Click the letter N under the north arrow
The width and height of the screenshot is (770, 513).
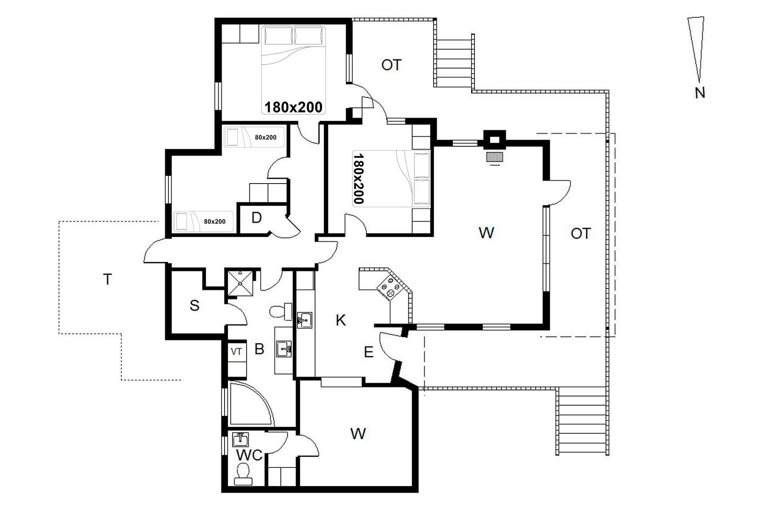click(x=700, y=93)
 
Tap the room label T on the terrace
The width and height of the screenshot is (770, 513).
click(x=107, y=279)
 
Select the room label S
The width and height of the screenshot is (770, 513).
click(x=195, y=305)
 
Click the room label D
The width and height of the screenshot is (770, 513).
click(x=256, y=218)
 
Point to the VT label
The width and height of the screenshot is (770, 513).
click(x=236, y=351)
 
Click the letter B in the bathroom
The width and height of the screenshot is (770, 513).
click(x=259, y=349)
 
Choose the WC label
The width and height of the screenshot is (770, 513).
click(x=249, y=455)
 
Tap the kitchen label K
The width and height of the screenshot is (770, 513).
click(x=340, y=320)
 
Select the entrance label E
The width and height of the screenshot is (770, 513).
click(x=369, y=352)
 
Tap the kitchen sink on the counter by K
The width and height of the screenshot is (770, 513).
click(x=304, y=320)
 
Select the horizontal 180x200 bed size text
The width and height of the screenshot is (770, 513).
click(x=294, y=107)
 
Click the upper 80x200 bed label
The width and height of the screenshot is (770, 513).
click(x=265, y=137)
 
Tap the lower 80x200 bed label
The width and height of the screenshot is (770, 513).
click(x=215, y=221)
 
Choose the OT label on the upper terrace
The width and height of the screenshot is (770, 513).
click(x=391, y=65)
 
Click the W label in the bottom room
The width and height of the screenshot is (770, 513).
click(x=358, y=434)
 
